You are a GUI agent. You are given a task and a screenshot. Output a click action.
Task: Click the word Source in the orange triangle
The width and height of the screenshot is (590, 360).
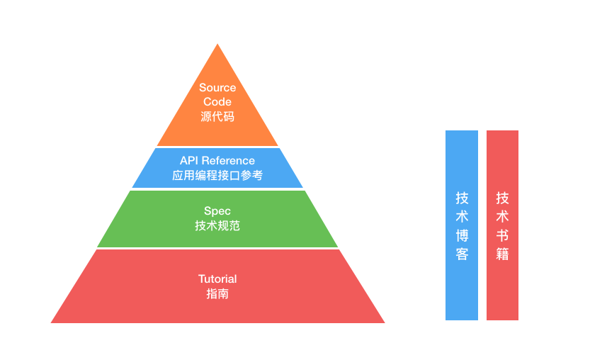[x=217, y=88]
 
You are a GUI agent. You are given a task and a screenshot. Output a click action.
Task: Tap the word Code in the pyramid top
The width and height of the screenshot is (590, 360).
[x=217, y=102]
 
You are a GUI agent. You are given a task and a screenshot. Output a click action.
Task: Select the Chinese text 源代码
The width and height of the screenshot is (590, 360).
[x=217, y=116]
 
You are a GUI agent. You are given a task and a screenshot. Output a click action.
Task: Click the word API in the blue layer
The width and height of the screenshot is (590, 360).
[x=190, y=161]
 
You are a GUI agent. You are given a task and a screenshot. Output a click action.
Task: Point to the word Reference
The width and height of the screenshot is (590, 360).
[x=228, y=161]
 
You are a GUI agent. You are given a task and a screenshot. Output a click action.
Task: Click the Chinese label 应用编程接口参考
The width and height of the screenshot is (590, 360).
[x=217, y=175]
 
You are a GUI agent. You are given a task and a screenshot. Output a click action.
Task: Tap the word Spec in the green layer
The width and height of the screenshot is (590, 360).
[x=217, y=211]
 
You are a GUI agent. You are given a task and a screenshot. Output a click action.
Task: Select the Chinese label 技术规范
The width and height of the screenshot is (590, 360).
[x=217, y=225]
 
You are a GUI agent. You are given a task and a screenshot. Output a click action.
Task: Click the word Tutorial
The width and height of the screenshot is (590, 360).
[x=217, y=279]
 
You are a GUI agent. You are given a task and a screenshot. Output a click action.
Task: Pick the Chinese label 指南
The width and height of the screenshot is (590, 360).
[x=217, y=293]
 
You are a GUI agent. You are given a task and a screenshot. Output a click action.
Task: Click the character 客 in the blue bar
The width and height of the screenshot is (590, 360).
[x=462, y=253]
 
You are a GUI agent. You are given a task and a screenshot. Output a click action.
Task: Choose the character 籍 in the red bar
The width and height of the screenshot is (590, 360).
[x=502, y=253]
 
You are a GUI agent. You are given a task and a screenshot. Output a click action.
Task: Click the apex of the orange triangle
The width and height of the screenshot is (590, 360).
[x=217, y=45]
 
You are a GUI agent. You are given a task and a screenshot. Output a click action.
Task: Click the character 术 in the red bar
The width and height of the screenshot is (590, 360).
[x=502, y=216]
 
